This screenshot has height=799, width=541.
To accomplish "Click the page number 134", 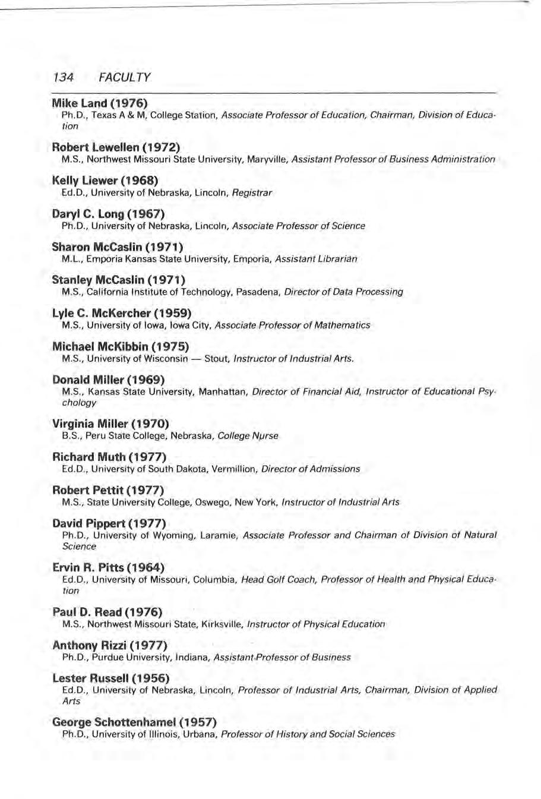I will (x=62, y=78).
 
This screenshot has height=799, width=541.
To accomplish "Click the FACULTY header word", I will (x=125, y=78).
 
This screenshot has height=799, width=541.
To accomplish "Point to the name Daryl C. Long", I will (x=87, y=213).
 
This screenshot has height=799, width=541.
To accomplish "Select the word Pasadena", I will (x=261, y=292).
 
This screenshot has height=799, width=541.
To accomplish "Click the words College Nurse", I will (x=248, y=435).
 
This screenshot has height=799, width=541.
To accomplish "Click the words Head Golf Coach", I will (x=279, y=579).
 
